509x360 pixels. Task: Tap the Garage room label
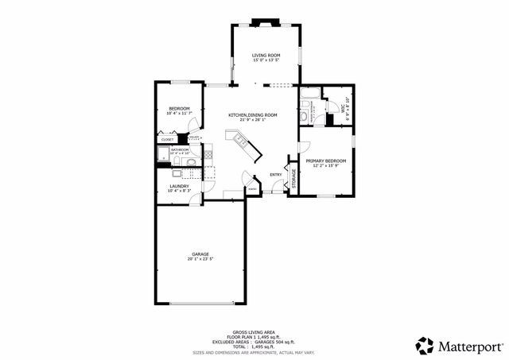(200, 254)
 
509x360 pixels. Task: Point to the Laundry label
(178, 186)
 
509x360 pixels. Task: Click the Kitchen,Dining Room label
(252, 115)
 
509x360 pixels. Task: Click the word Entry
(275, 175)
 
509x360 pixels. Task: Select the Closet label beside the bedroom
(167, 139)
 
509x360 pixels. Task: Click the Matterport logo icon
(425, 346)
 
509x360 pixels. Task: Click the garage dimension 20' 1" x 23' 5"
(200, 259)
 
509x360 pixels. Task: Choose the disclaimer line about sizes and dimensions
(254, 352)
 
